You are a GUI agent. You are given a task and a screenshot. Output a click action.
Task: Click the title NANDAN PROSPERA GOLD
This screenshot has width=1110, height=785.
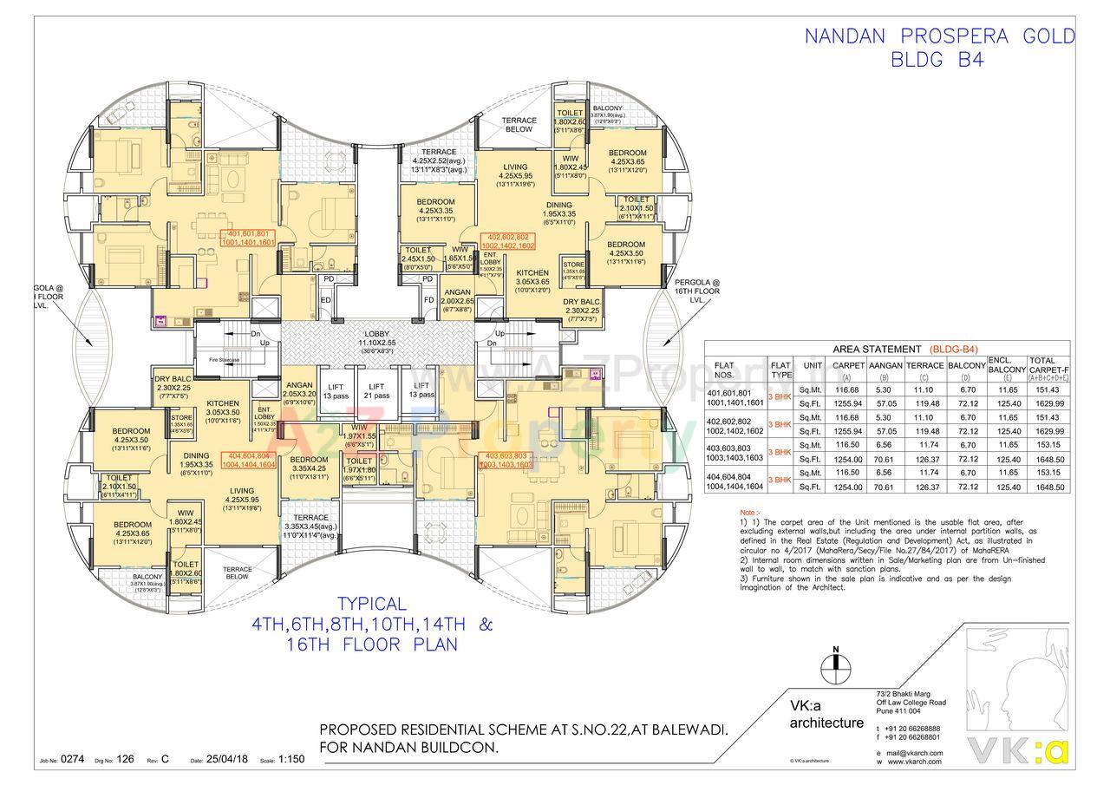coord(939,36)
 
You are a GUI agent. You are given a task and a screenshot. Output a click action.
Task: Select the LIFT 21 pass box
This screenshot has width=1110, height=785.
coord(376,391)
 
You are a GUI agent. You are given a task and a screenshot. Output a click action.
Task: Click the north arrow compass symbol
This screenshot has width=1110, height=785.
coord(835,664)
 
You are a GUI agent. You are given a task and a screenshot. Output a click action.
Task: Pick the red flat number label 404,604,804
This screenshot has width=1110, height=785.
coord(250,460)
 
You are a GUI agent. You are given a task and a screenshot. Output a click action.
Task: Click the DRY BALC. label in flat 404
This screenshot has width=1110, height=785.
coord(173,383)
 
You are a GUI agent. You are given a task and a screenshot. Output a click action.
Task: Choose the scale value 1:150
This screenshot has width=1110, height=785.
coord(291,759)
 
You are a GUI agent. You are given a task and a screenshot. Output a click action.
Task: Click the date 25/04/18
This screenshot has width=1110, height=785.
coord(226,759)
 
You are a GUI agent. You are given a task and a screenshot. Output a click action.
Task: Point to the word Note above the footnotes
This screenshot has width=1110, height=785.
coord(748,513)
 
